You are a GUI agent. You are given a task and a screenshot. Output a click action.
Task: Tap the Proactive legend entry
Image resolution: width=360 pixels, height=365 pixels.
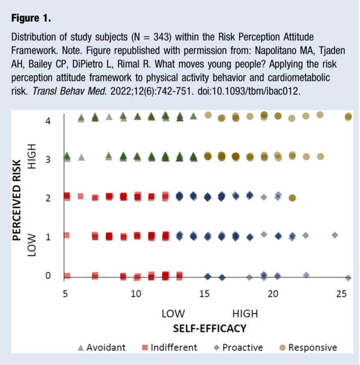[x=238, y=347]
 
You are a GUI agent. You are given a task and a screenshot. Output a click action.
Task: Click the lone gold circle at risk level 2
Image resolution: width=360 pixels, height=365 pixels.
[x=292, y=198]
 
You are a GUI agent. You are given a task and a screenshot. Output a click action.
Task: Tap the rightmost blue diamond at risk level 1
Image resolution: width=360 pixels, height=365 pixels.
[x=335, y=235]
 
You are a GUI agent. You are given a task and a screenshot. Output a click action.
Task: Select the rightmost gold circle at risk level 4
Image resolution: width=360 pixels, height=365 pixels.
[x=349, y=117]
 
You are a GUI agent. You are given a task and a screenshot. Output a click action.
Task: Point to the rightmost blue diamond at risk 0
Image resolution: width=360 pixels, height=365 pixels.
[x=349, y=278]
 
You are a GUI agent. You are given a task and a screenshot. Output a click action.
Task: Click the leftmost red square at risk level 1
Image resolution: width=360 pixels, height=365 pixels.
[x=66, y=235]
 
